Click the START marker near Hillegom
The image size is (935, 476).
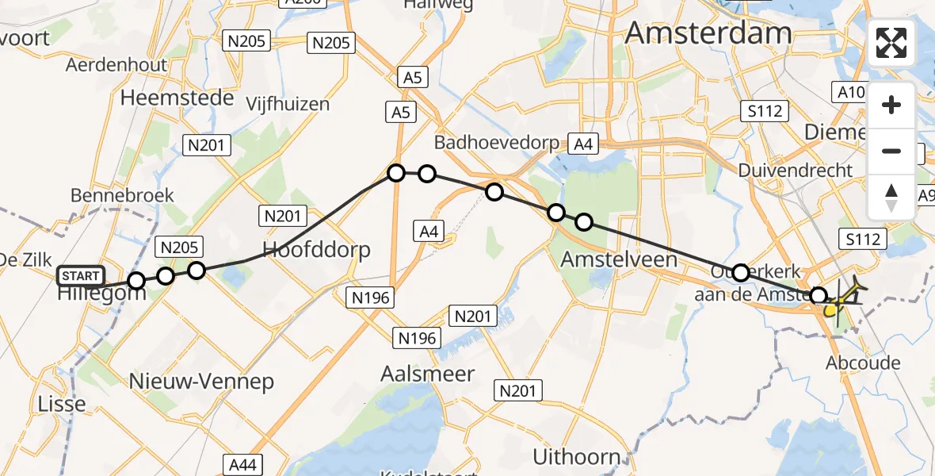click(81, 276)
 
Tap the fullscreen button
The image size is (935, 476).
click(891, 43)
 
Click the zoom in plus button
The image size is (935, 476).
click(891, 105)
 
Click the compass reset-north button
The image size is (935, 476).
click(891, 197)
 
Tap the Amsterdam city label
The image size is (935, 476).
click(708, 33)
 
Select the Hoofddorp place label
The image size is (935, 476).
click(317, 250)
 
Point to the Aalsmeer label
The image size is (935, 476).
click(427, 374)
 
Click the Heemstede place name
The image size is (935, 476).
click(177, 98)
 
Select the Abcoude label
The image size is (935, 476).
click(863, 363)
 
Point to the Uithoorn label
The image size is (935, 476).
click(577, 457)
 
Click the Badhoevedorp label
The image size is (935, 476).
click(497, 143)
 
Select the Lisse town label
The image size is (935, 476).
click(62, 404)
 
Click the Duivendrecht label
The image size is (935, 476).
click(795, 171)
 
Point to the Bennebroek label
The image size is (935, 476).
click(122, 195)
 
